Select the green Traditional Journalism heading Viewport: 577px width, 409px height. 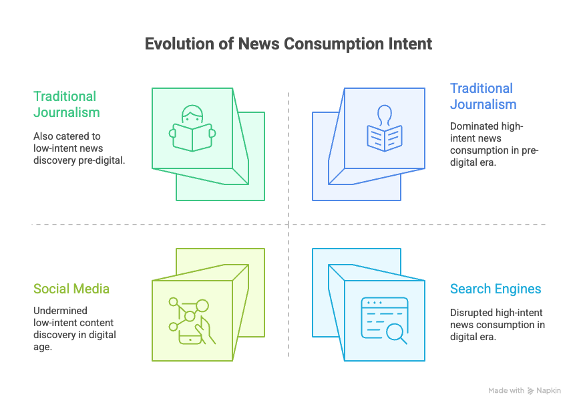point(65,104)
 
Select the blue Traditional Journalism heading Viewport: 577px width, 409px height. point(482,96)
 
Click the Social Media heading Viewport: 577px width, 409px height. point(71,289)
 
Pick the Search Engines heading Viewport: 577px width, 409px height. point(496,289)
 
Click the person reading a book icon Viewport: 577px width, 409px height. point(192,128)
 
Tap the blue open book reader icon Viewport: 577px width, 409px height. point(384,128)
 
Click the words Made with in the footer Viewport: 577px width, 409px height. point(506,391)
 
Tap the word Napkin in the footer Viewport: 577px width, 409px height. point(549,391)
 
